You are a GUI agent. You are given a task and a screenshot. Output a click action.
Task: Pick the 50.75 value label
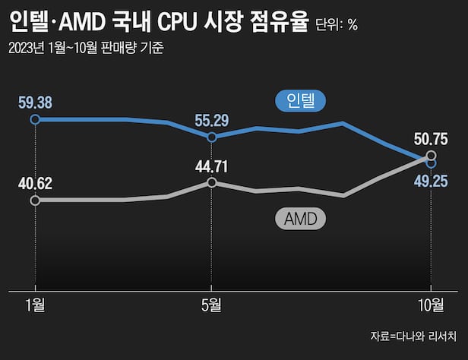click(x=432, y=139)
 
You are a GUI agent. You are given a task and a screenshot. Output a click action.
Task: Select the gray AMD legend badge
click(x=299, y=219)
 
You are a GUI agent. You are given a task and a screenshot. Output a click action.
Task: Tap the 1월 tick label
click(x=34, y=305)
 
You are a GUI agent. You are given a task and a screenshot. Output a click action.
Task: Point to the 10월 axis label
click(x=432, y=305)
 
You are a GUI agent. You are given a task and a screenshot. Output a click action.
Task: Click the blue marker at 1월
click(x=34, y=119)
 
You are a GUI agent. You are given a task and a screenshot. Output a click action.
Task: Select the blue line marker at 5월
click(x=211, y=137)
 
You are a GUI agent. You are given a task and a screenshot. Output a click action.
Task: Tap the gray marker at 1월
click(x=34, y=200)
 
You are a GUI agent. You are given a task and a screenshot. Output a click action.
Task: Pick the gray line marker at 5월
click(x=211, y=182)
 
